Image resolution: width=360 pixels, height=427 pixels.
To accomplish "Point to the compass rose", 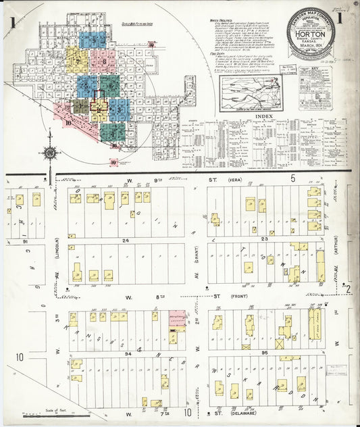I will tap(49, 153).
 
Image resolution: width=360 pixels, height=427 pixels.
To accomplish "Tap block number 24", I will tap(125, 240).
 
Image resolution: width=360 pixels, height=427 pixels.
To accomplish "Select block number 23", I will tap(265, 239).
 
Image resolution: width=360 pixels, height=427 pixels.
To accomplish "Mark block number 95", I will tap(265, 352).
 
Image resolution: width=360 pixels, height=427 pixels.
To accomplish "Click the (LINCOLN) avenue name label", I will tap(58, 249).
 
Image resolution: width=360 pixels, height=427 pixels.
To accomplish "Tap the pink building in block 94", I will tap(176, 318).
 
